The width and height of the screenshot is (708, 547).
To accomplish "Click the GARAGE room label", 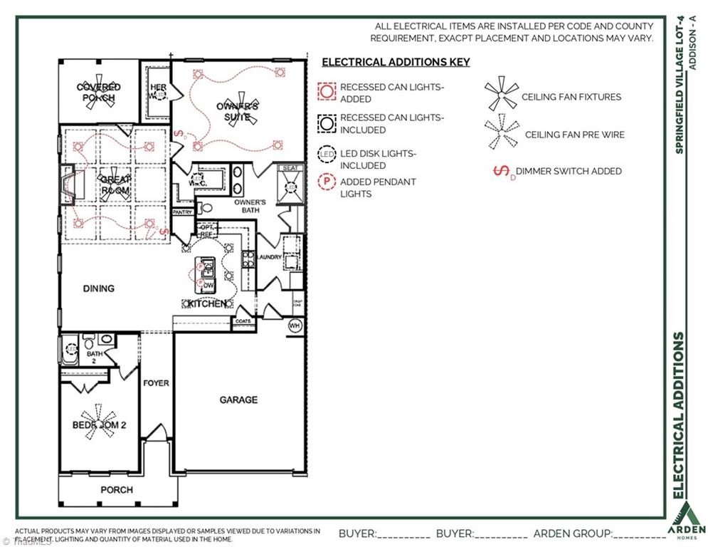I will (238, 400).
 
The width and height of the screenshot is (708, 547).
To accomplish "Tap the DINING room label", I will (98, 288).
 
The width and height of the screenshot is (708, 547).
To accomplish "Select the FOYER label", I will (156, 383).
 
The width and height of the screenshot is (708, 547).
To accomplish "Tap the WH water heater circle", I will (295, 326).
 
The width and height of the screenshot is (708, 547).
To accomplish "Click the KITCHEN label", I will (207, 304).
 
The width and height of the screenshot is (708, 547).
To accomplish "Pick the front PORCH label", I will (116, 489).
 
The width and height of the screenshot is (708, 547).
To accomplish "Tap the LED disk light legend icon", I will (327, 154).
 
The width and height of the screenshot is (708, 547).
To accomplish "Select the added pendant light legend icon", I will (327, 182).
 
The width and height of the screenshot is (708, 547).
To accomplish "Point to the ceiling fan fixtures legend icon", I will (502, 95).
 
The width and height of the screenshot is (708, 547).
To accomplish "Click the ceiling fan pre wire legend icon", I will (502, 133).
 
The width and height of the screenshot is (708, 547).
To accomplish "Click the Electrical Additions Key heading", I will (396, 62).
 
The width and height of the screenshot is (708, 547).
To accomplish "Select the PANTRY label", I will (183, 212).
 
